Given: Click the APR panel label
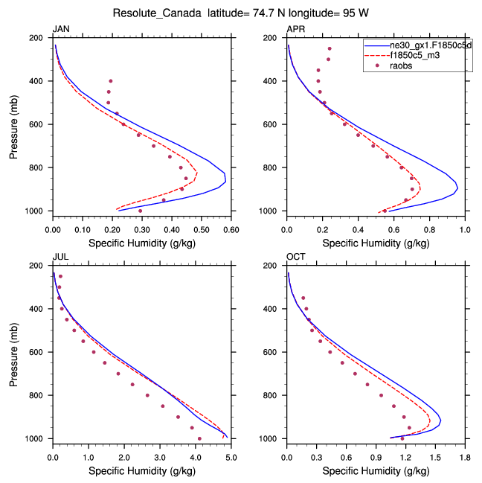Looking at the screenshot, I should click(295, 29).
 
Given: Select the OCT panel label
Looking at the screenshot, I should click(295, 257).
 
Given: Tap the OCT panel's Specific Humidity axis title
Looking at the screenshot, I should click(376, 470).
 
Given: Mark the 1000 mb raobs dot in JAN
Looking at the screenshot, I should click(140, 211).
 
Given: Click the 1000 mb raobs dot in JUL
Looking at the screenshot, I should click(199, 438).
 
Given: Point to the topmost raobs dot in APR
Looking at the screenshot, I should click(330, 49).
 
